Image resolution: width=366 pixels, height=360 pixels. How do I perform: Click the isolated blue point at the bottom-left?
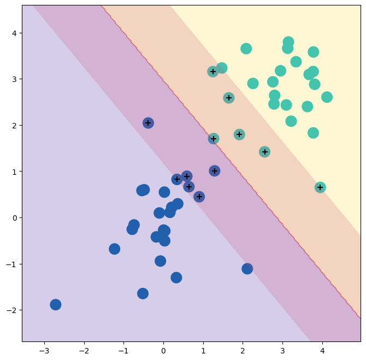click(55, 304)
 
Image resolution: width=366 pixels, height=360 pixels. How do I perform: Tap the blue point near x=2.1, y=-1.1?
click(247, 268)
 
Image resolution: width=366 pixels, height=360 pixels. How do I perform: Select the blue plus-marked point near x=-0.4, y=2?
click(148, 123)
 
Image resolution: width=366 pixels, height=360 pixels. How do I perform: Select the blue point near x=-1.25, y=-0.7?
click(114, 249)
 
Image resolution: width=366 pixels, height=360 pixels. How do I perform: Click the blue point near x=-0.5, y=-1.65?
click(143, 293)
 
